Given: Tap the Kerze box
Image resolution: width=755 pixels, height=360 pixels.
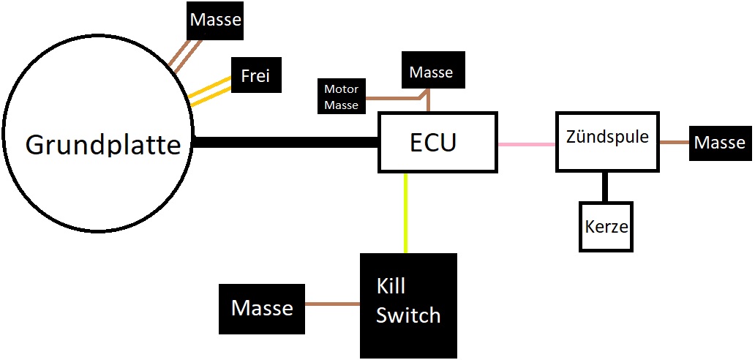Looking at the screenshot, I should click(606, 226).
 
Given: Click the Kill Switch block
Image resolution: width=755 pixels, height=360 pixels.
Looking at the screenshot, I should click(408, 305).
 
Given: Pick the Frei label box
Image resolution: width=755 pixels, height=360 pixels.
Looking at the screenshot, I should click(255, 76).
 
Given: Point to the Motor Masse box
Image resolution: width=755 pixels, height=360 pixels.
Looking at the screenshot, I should click(342, 97).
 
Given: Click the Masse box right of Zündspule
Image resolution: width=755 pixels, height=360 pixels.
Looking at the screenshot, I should click(719, 143).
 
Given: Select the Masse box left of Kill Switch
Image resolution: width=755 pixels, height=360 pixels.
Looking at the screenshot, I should click(262, 308).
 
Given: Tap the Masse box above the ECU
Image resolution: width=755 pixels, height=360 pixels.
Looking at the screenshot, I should click(431, 72).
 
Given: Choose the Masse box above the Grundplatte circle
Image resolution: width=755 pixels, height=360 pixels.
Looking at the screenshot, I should click(215, 20).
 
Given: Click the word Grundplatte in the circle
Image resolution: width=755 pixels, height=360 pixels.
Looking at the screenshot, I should click(102, 145).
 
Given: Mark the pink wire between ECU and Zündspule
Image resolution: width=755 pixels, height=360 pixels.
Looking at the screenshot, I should click(527, 144).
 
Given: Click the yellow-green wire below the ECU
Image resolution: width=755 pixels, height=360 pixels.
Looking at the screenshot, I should click(406, 213).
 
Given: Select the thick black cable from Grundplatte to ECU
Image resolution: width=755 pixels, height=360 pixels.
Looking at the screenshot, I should click(285, 143).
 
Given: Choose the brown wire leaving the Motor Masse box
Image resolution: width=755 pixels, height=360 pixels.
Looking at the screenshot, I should click(391, 97).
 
